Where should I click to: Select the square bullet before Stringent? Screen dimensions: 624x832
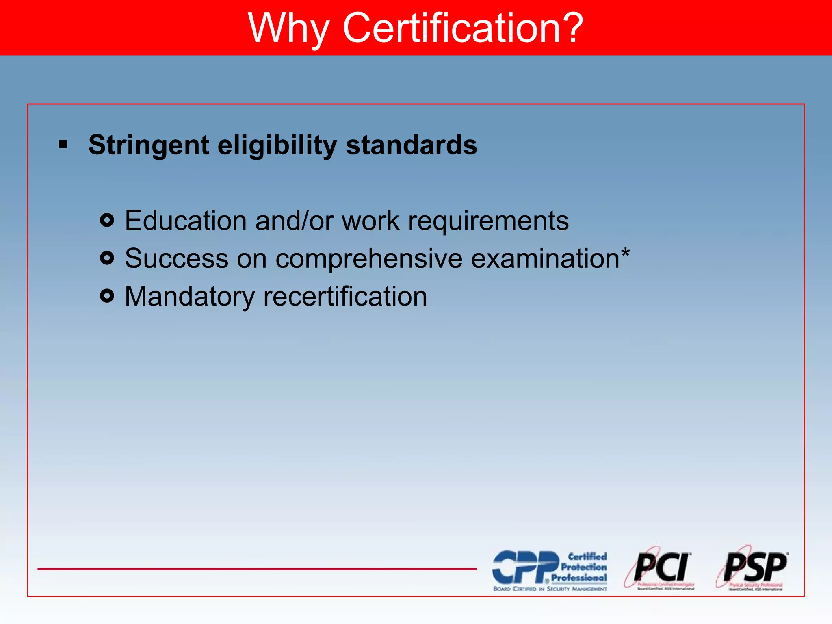[63, 144]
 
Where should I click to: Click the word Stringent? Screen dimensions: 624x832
[149, 145]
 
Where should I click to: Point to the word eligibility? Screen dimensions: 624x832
[277, 145]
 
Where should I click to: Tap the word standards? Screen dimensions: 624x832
[411, 145]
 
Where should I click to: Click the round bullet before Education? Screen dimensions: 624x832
[107, 220]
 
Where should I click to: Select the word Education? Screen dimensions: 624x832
[185, 221]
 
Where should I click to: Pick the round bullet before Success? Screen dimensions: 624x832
[107, 258]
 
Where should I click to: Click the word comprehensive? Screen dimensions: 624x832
[369, 259]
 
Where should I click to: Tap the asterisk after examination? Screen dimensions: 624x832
[625, 253]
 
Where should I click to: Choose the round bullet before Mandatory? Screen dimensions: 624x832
[107, 296]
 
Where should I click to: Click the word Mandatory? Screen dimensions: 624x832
[189, 296]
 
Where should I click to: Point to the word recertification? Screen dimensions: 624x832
[345, 296]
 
